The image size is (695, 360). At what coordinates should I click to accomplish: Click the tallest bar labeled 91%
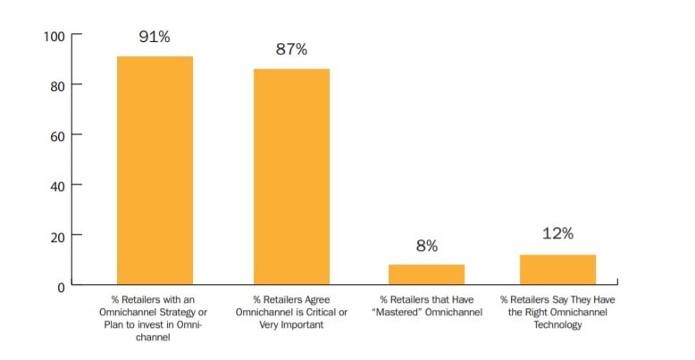(x=155, y=170)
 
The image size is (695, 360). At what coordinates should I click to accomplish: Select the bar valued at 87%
(x=291, y=176)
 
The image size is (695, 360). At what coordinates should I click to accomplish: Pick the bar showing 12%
(x=557, y=269)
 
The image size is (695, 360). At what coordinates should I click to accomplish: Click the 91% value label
(x=155, y=38)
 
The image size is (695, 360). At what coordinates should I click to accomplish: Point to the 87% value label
(x=291, y=50)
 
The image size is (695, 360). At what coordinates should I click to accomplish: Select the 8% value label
(x=426, y=246)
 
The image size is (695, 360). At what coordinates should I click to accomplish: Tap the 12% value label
(x=557, y=234)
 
